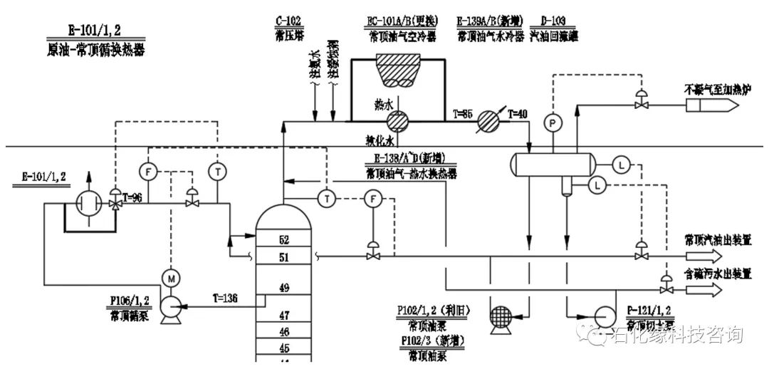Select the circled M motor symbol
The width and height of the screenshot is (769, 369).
point(170,276)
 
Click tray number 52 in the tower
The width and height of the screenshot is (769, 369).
point(283,240)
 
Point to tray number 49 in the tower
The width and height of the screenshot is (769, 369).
point(283,288)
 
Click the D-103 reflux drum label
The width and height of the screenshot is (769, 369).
point(553,19)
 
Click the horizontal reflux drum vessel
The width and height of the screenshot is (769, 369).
point(552,165)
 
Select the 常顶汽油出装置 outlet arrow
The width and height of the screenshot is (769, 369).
point(706,256)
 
